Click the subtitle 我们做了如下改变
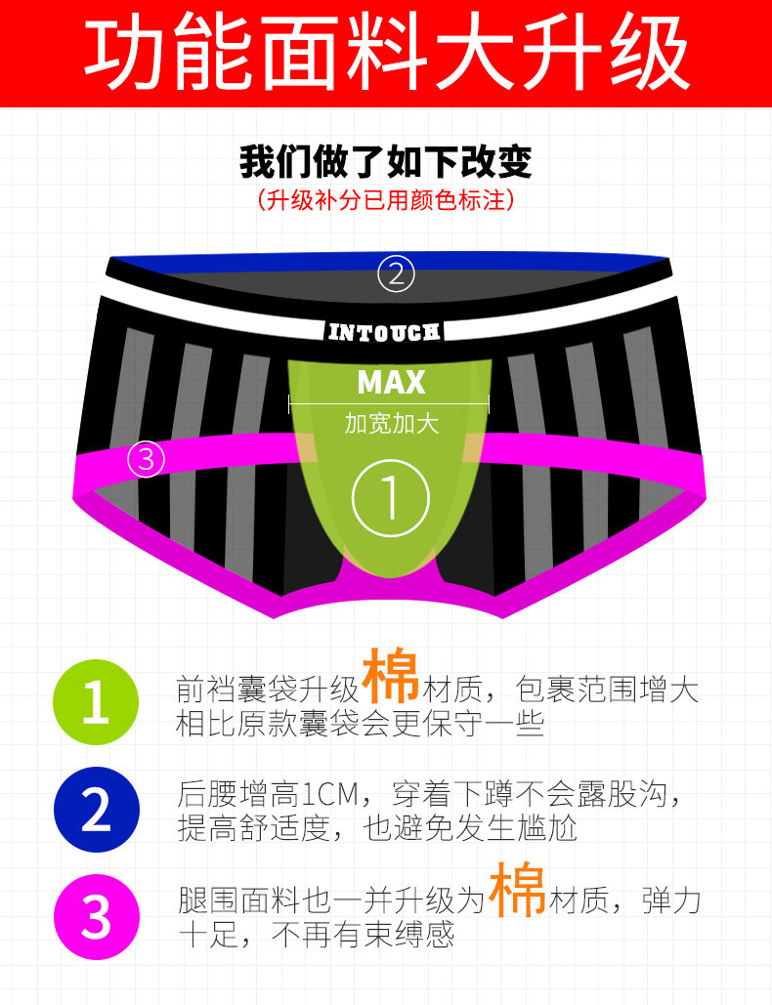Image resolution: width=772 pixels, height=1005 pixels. (x=386, y=162)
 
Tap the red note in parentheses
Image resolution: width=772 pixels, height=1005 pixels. (x=386, y=201)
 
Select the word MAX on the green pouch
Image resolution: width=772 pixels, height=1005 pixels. (x=391, y=382)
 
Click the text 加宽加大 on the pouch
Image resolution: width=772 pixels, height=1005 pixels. (x=391, y=424)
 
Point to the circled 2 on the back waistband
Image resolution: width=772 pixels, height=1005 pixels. (x=397, y=274)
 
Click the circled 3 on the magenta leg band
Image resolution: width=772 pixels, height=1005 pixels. (x=147, y=458)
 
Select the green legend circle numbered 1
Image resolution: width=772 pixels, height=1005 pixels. (x=96, y=703)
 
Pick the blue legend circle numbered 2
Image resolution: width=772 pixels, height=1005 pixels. (x=96, y=810)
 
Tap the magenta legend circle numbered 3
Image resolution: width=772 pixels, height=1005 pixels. (x=96, y=917)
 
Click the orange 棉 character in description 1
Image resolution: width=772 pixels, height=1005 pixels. (x=391, y=679)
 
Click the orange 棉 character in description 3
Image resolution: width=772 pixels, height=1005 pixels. (x=517, y=889)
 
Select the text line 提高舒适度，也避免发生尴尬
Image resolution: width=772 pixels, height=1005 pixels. (x=377, y=828)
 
